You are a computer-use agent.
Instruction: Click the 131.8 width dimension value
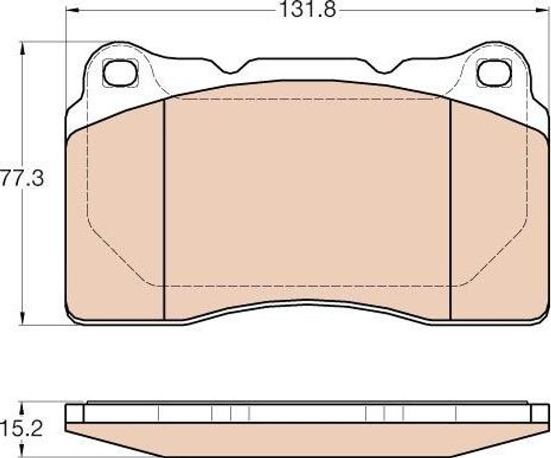[307, 10]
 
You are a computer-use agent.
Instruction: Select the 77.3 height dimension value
[22, 178]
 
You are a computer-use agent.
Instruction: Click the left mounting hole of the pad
[120, 73]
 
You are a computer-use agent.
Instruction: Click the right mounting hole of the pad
[494, 73]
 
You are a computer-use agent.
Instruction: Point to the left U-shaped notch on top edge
[230, 69]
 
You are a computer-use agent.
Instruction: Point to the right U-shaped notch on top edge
[384, 69]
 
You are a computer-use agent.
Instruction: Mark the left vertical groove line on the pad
[164, 210]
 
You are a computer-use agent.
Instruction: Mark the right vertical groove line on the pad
[450, 210]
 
